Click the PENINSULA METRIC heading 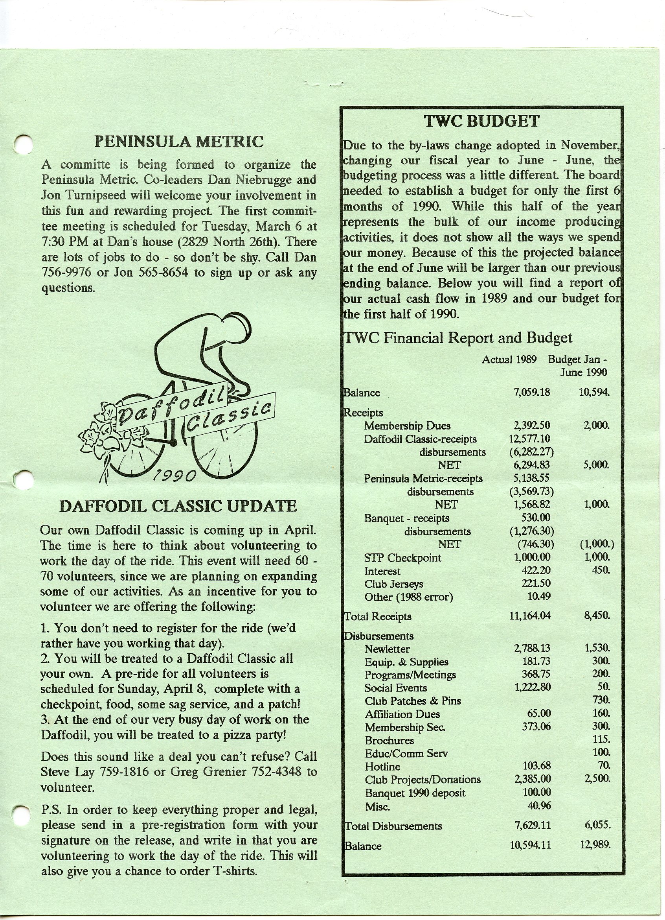coord(179,142)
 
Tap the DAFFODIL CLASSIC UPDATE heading coord(178,506)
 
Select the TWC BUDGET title coord(481,121)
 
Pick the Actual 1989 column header coord(509,360)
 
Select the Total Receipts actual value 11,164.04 coord(529,616)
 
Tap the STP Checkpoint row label coord(402,558)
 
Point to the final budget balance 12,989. coord(595,845)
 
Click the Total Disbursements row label coord(393,826)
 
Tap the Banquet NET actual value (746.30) coord(532,544)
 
